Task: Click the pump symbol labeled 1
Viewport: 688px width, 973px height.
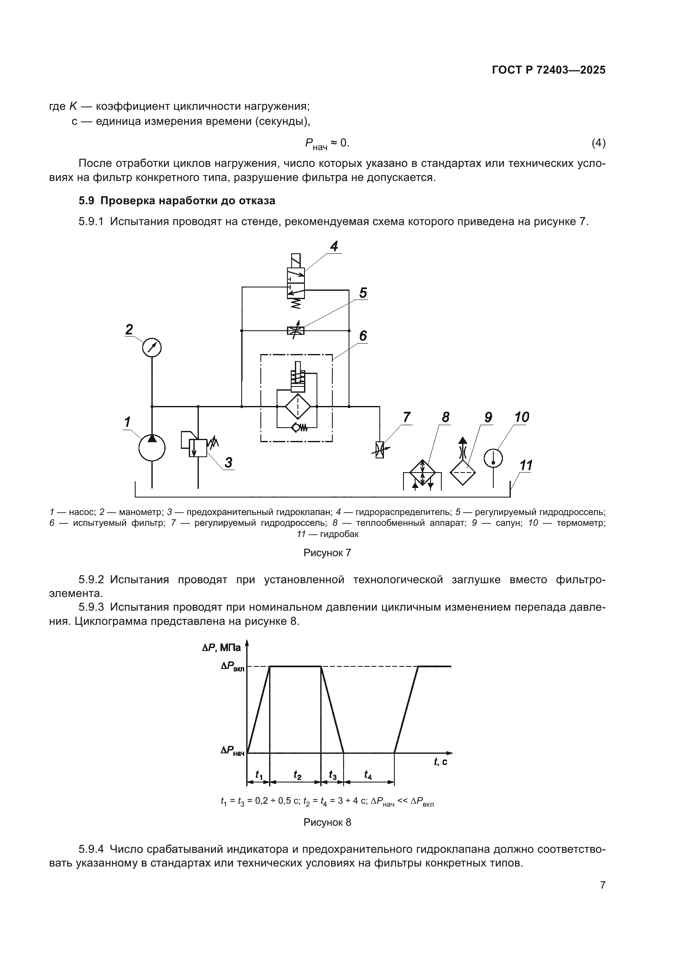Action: coord(152,448)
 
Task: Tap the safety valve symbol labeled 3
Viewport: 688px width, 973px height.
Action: coord(198,448)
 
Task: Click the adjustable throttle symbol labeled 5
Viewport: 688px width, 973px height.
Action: coord(296,331)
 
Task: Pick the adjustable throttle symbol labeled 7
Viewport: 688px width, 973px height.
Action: coord(380,449)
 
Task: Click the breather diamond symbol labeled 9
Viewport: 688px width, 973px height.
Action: coord(463,472)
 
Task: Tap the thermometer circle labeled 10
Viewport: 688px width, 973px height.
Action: coord(494,458)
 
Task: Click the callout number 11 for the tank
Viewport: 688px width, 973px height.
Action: coord(526,466)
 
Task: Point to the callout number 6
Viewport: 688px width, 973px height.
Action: coord(363,336)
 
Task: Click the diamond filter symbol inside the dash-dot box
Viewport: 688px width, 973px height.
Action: coord(297,406)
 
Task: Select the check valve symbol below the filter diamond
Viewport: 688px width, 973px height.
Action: coord(299,428)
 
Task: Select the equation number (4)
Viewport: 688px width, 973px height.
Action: coord(598,143)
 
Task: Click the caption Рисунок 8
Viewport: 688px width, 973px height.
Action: coord(327,822)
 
